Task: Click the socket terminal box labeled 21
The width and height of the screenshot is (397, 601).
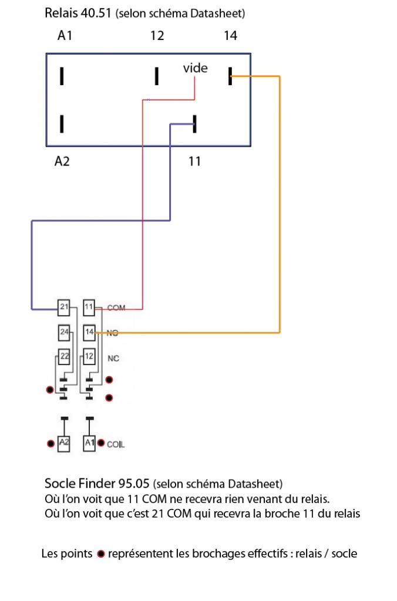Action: [x=63, y=306]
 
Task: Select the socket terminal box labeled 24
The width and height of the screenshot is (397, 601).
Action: [x=63, y=333]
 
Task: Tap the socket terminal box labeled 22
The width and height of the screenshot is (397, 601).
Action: [x=63, y=356]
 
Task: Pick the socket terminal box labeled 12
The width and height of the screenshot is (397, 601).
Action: [x=89, y=356]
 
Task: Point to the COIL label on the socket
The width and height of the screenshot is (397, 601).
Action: [x=116, y=445]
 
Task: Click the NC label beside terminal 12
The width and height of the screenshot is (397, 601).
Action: [x=113, y=357]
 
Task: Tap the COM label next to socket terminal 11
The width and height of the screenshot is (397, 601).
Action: [x=116, y=308]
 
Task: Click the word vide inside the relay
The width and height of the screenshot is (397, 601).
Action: [x=195, y=68]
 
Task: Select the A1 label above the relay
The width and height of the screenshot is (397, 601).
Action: [x=65, y=36]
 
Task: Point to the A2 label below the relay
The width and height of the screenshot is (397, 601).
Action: [x=62, y=161]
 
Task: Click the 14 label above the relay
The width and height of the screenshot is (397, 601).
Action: [x=230, y=36]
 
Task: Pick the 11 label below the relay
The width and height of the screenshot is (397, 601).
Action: [x=194, y=161]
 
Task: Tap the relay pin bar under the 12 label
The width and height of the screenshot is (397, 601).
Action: [x=157, y=76]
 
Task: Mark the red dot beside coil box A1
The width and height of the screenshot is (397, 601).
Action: [x=102, y=443]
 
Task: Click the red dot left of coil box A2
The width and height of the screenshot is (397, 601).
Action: [x=50, y=443]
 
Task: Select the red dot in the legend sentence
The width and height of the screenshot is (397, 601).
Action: [x=100, y=553]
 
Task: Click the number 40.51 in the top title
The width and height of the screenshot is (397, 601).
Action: [x=96, y=13]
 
